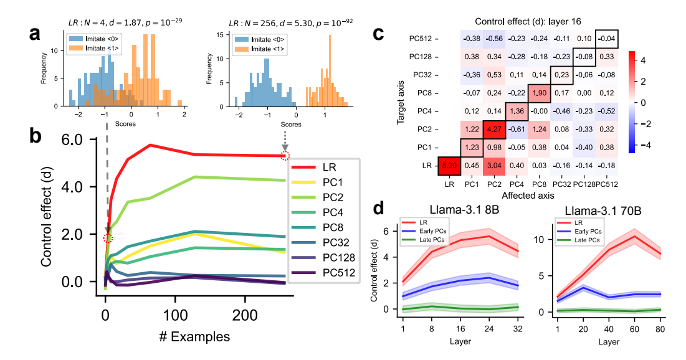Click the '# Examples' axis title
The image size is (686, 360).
(194, 337)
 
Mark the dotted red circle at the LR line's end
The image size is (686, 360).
(285, 155)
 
